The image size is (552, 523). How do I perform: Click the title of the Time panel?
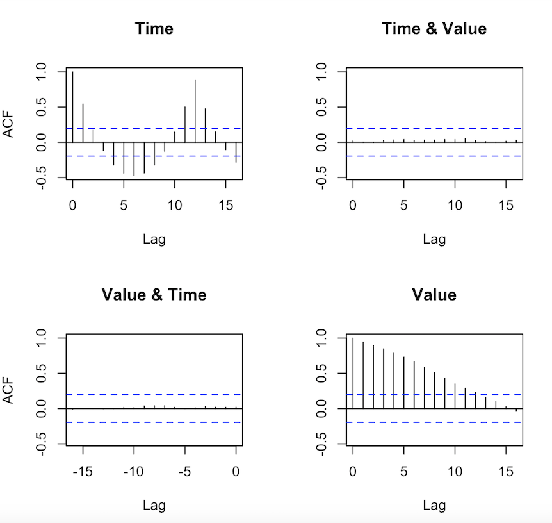tap(154, 29)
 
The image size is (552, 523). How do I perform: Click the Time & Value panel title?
tap(434, 29)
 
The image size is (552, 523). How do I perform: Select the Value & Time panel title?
tap(154, 295)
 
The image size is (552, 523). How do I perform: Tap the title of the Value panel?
tap(434, 295)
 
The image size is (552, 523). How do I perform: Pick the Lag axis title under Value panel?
tap(434, 505)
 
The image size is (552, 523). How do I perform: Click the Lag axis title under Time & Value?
tap(434, 239)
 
